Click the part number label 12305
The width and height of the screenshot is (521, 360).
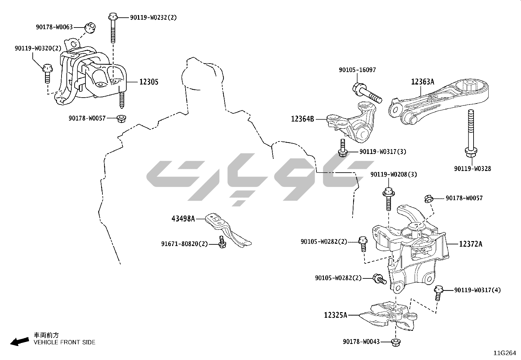click(149, 82)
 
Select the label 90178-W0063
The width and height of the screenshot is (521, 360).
click(54, 27)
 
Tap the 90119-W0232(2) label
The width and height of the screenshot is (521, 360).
click(153, 18)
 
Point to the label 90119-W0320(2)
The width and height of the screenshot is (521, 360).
click(38, 48)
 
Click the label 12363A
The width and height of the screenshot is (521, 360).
click(422, 82)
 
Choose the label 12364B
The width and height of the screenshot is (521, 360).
click(302, 119)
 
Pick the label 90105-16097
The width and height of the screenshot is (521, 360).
click(357, 70)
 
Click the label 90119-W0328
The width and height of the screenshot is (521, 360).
click(472, 169)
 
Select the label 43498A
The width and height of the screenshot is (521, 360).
click(183, 218)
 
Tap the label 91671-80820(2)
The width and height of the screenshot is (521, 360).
click(184, 244)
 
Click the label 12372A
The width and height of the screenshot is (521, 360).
click(471, 244)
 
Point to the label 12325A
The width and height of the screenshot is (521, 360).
click(335, 315)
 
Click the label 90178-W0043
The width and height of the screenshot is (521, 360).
click(361, 342)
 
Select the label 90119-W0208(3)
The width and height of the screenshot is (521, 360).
click(394, 175)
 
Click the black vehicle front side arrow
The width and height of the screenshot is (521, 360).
click(19, 342)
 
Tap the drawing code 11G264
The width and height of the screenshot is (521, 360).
click(505, 353)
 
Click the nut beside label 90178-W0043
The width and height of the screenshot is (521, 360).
click(396, 342)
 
